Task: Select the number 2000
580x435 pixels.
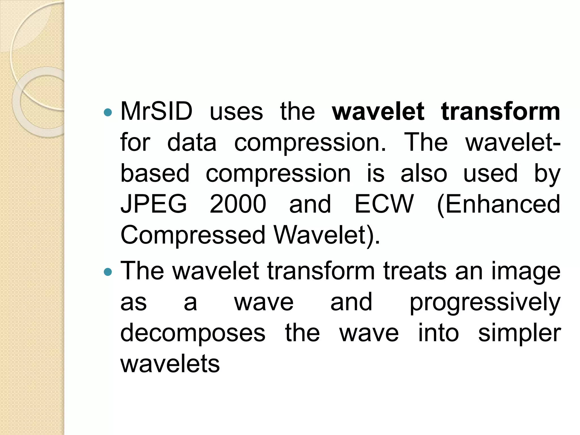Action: point(238,204)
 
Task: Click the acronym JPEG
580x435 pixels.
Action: point(154,204)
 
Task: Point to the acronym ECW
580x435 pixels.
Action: point(384,204)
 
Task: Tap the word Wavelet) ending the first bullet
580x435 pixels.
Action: point(327,235)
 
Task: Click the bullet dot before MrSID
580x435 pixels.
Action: point(108,113)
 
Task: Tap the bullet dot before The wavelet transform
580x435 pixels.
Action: point(108,272)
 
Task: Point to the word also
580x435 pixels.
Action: point(424,173)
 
